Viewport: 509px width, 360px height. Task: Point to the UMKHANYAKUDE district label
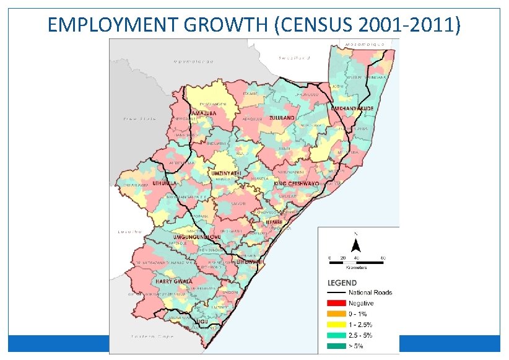coord(353,108)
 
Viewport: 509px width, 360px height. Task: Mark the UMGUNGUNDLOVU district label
coord(197,237)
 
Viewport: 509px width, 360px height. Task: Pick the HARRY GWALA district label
coord(170,281)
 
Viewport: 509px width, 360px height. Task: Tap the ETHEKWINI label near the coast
coord(249,262)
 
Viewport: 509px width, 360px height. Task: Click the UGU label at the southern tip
coord(202,323)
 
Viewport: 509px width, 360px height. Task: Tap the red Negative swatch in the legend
coord(336,303)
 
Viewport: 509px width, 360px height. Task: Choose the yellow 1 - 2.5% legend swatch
coord(336,324)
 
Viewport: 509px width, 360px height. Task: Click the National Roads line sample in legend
coord(336,292)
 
